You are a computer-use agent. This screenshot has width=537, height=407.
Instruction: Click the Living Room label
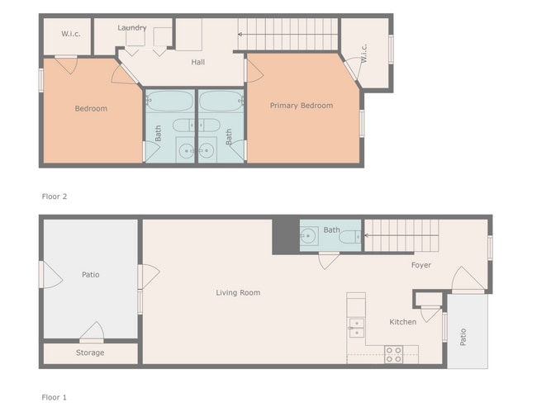tap(238, 292)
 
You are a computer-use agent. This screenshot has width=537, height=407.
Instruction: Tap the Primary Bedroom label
tap(302, 106)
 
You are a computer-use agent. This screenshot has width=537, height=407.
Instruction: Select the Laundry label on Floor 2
tap(132, 28)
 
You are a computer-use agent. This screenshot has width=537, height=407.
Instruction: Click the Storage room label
tap(90, 353)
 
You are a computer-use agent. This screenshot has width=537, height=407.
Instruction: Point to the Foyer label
tap(422, 265)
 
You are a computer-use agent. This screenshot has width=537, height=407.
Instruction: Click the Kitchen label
tap(403, 322)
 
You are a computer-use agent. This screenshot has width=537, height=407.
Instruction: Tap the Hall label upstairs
tap(198, 62)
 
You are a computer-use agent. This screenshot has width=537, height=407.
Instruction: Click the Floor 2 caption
tap(54, 196)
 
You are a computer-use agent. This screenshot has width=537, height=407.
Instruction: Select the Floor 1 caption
tap(54, 397)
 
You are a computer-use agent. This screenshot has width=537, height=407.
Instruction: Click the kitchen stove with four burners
tap(393, 354)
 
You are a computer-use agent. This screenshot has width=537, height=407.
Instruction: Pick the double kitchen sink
tap(356, 327)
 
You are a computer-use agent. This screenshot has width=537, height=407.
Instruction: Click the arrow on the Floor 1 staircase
tap(369, 235)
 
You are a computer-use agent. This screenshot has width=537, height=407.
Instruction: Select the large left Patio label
tap(90, 275)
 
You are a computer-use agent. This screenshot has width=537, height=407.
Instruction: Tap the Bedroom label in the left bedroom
tap(91, 109)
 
